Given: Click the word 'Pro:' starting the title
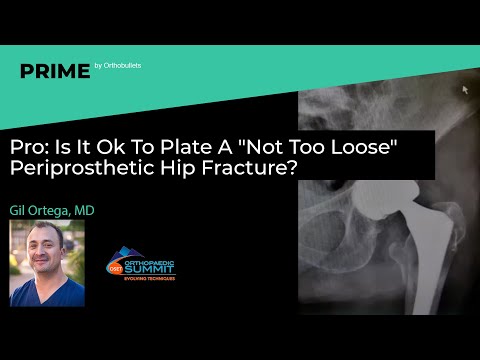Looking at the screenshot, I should coord(29,146).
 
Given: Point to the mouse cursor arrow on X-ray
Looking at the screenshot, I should coord(464,89).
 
